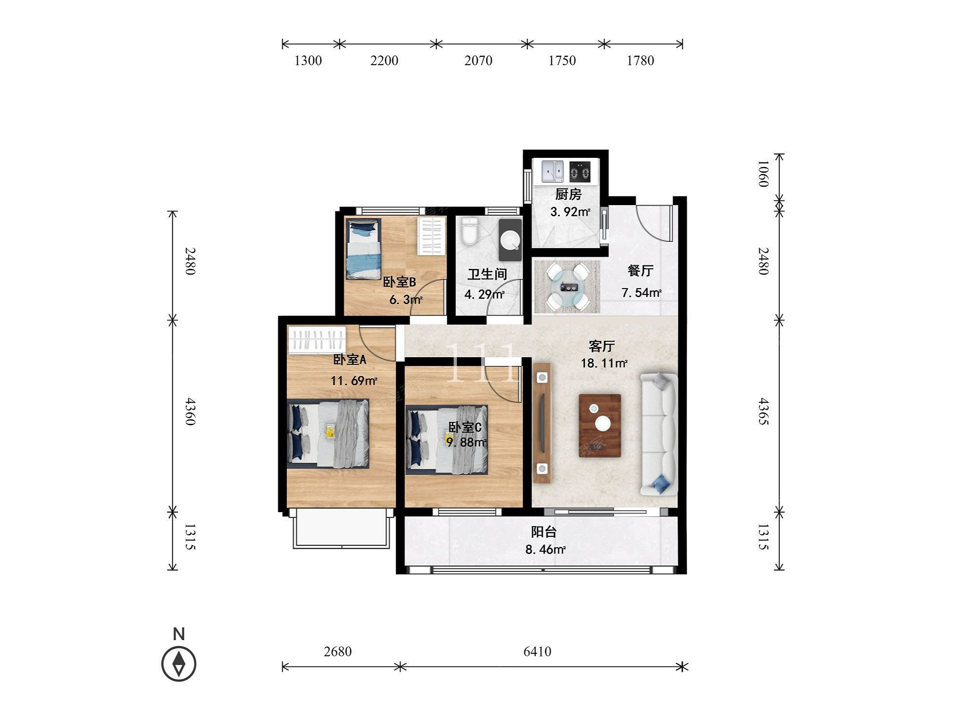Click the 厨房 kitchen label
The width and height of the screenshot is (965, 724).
tap(568, 195)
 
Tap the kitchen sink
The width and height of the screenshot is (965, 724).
tap(553, 171)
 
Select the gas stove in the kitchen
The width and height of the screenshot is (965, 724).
tap(579, 171)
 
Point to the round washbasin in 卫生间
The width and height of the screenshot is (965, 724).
tap(510, 240)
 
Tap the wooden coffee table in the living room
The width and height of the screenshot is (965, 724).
tap(600, 425)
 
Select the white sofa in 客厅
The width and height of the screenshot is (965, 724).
tap(659, 434)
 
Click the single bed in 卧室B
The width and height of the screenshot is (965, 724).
tap(364, 249)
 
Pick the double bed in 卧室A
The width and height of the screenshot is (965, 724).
tap(329, 433)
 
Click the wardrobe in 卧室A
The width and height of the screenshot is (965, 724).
tap(317, 340)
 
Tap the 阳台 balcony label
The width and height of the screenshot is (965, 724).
tap(544, 532)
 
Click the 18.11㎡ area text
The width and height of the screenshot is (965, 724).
tap(604, 363)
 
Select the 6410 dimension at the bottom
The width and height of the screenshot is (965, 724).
tap(537, 652)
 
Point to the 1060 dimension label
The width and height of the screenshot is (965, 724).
tap(763, 174)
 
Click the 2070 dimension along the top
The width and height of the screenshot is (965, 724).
tap(478, 60)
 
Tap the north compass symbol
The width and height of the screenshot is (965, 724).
tap(179, 664)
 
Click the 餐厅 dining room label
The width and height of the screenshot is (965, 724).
tap(640, 271)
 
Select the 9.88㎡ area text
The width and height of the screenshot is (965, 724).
tap(466, 442)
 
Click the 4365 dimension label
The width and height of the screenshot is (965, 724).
tap(763, 411)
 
